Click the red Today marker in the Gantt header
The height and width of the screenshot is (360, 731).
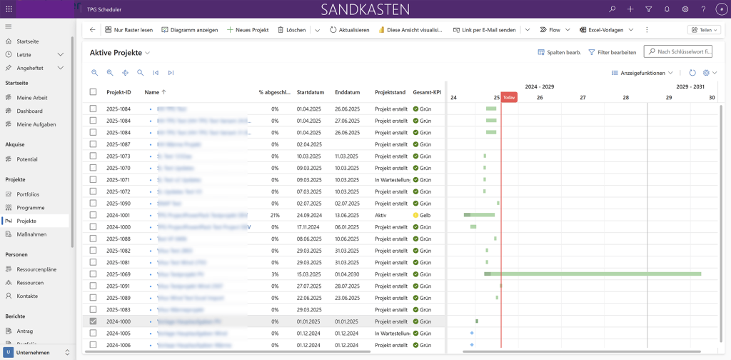pos(508,97)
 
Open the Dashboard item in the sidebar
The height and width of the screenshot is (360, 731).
pos(29,111)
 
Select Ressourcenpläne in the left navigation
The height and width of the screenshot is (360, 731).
pos(36,269)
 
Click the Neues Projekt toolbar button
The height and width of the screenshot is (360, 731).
pos(248,30)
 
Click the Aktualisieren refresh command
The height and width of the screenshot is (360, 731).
pos(349,30)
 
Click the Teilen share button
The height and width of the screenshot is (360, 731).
pos(702,30)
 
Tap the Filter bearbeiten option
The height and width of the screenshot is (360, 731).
pos(612,52)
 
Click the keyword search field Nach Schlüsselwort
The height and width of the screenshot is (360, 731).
pos(683,52)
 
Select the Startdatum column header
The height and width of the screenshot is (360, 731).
pos(311,92)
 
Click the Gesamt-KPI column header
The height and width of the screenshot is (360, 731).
pos(427,92)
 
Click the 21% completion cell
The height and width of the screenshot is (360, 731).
pos(275,215)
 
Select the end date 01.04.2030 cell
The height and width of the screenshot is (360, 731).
pos(348,274)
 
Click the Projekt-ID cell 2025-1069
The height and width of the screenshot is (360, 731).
pos(119,274)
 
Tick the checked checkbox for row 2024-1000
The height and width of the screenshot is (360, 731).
pos(93,321)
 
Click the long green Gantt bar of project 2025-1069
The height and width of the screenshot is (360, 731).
pos(600,274)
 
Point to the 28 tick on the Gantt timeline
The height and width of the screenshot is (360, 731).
pos(625,97)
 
